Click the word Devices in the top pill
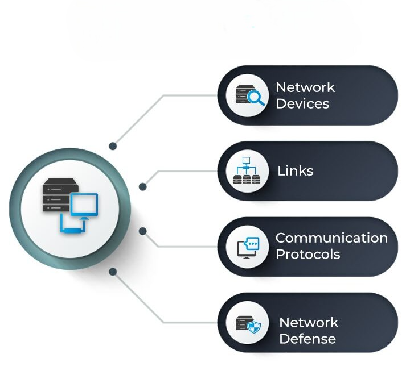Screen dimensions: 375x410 pos(302,104)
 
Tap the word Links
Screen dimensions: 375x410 pos(295,171)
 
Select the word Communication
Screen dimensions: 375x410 pos(331,238)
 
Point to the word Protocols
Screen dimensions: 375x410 pos(307,254)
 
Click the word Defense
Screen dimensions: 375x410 pos(307,339)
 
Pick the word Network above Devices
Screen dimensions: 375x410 pos(305,88)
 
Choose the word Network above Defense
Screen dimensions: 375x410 pos(309,323)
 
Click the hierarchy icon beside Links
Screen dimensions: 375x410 pos(247,171)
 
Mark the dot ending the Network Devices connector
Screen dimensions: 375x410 pos(113,146)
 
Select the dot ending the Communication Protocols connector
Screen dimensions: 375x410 pos(143,231)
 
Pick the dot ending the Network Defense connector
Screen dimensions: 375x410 pos(113,272)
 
